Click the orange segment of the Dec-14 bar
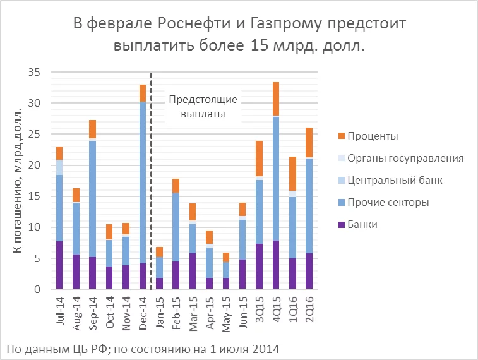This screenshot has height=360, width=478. tap(143, 93)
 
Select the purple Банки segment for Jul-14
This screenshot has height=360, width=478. tap(59, 265)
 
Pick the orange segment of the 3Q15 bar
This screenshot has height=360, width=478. tap(260, 158)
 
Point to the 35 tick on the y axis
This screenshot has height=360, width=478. tap(33, 73)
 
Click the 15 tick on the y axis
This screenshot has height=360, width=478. tap(33, 196)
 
